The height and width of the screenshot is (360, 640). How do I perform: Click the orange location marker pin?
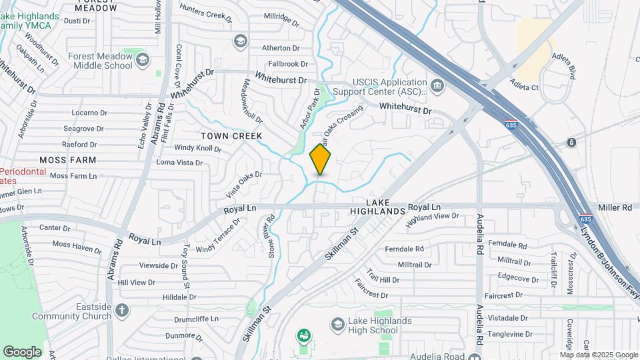click(321, 160)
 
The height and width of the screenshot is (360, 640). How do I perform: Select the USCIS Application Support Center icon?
click(437, 85)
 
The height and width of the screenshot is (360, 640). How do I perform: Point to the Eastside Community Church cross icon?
click(121, 310)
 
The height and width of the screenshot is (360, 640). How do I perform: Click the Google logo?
click(23, 351)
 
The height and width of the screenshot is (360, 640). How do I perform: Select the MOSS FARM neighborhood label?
click(68, 160)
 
